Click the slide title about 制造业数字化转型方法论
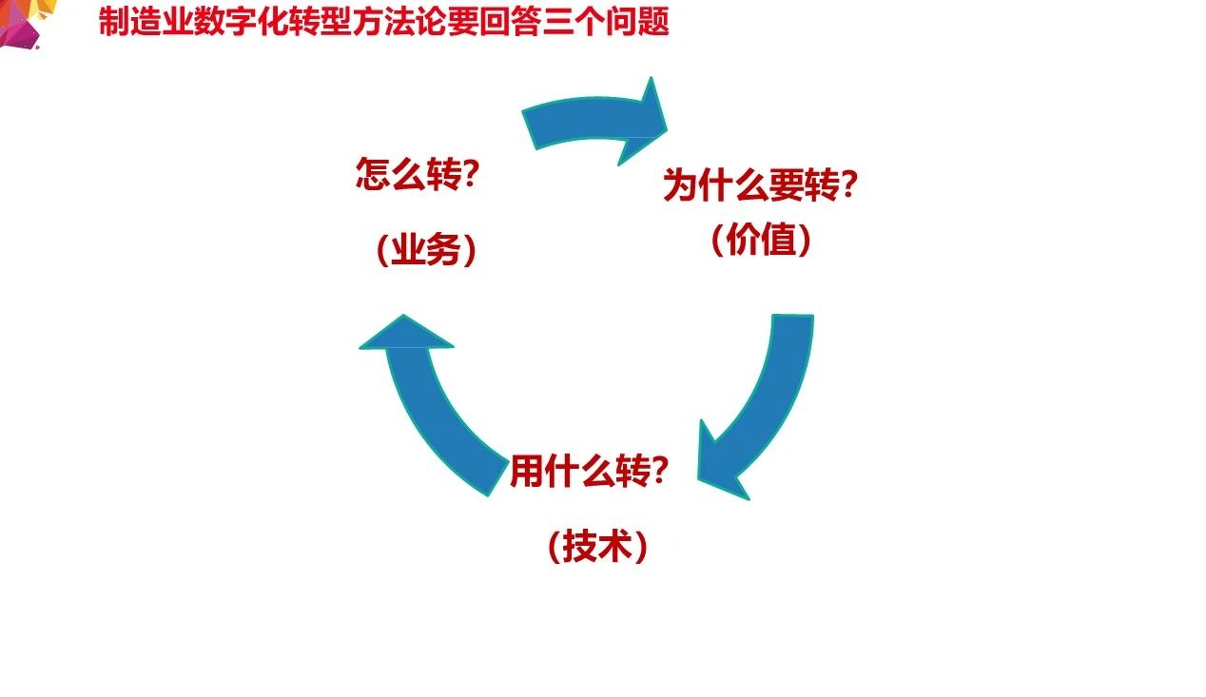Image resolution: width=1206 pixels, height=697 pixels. (x=383, y=21)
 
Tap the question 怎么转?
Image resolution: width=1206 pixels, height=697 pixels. (x=416, y=176)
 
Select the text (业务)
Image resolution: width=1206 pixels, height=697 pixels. (x=425, y=250)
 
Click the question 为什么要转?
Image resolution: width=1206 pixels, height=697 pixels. (x=760, y=185)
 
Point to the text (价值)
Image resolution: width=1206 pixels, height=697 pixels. (x=761, y=241)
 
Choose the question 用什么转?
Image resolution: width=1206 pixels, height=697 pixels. (x=587, y=471)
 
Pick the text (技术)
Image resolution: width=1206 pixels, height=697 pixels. (x=597, y=547)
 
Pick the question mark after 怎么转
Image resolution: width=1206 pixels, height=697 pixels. (x=467, y=176)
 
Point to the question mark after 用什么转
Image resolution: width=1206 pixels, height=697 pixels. (x=654, y=471)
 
